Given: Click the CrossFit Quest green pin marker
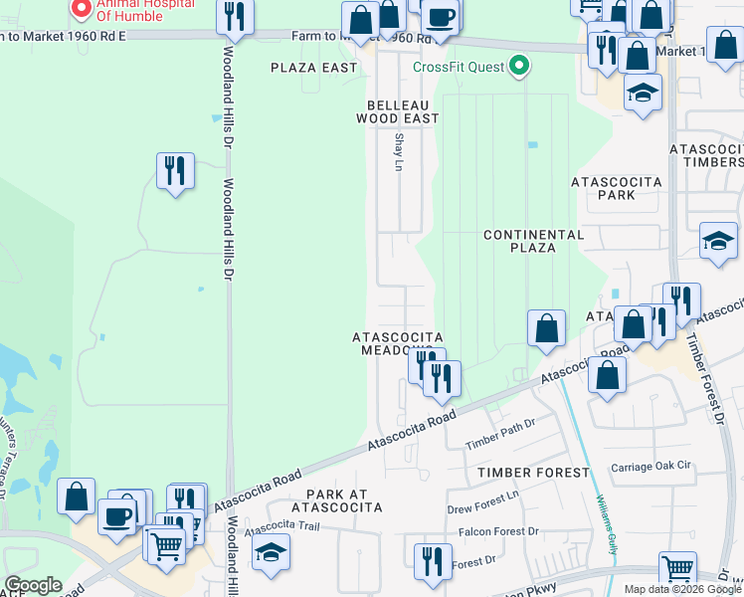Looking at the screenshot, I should point(518,67).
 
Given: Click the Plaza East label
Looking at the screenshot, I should point(314,68).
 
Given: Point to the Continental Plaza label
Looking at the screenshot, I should point(533,241).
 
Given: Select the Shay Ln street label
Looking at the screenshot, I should point(399,151).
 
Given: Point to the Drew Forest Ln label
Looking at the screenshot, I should point(483,507).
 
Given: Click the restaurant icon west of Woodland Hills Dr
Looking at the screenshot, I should point(175,171).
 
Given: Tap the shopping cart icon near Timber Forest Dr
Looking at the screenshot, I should point(677,568).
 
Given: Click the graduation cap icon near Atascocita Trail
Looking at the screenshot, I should point(271,553).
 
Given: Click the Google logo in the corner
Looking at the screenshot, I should point(33,585).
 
